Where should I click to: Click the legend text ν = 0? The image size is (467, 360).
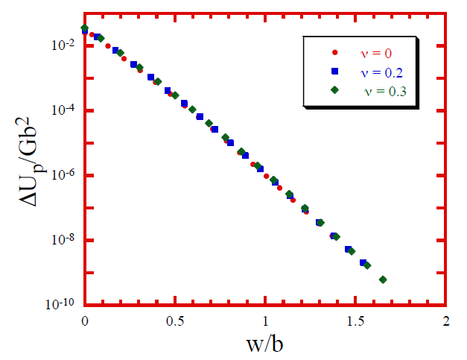tap(376, 52)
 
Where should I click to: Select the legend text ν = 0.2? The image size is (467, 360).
tap(381, 72)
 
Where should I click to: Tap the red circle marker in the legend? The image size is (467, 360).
tap(334, 52)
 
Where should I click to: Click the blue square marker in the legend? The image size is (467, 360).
tap(334, 72)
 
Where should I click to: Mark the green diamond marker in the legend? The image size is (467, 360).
tap(334, 90)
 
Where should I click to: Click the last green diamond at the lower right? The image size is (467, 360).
tap(383, 280)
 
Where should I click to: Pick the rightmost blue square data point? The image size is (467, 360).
tap(363, 262)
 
